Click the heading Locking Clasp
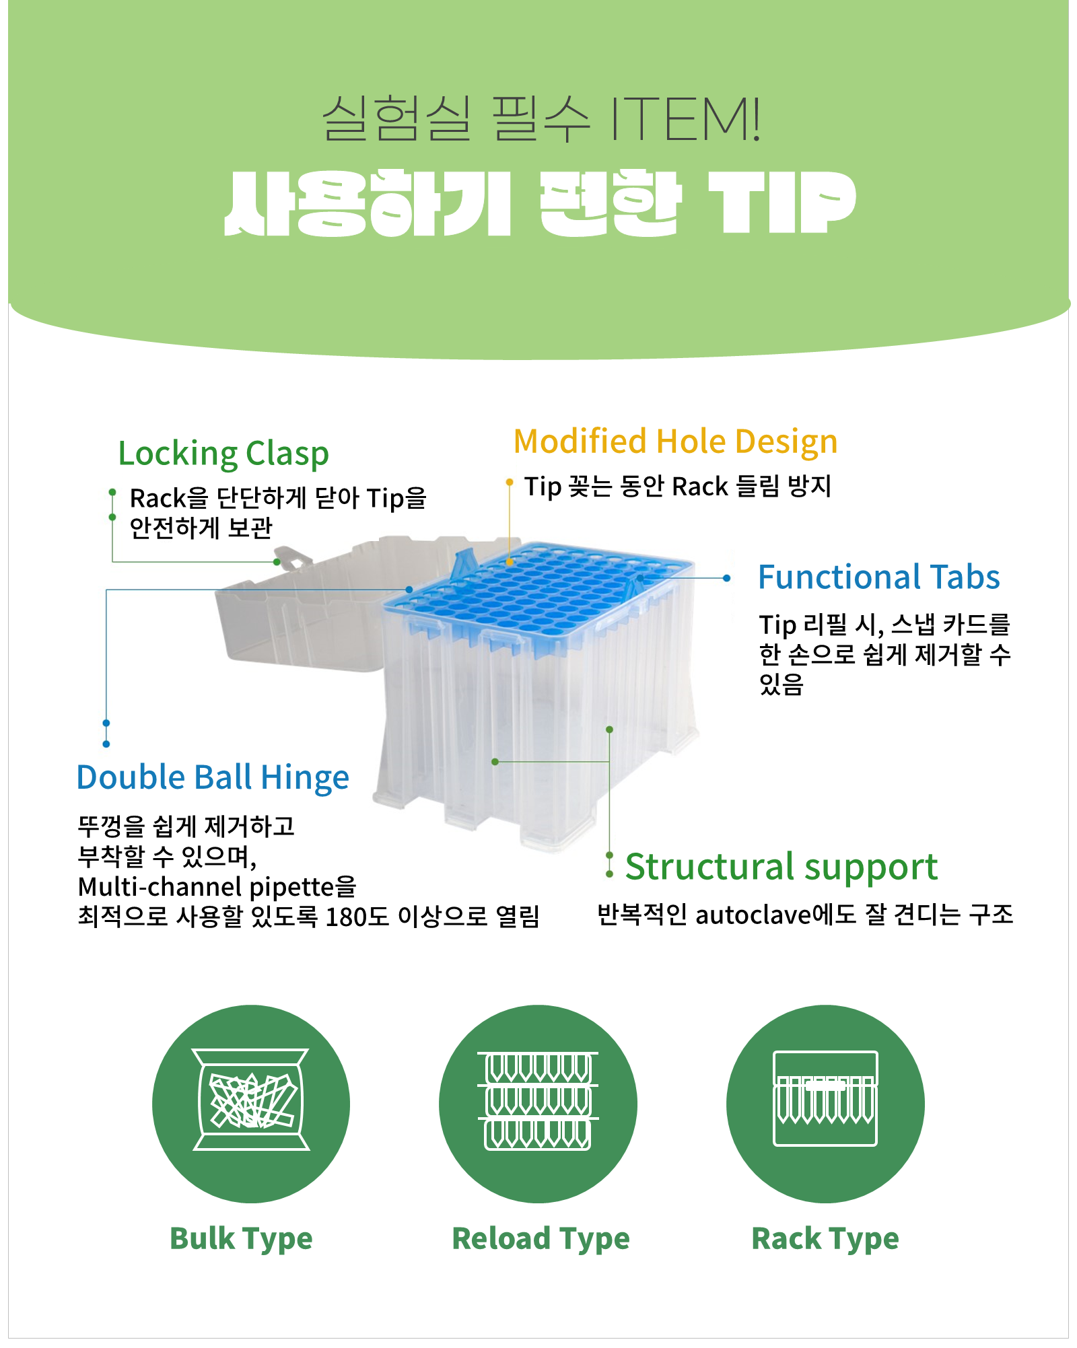pyautogui.click(x=223, y=454)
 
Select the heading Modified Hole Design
pyautogui.click(x=675, y=442)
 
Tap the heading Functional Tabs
pyautogui.click(x=878, y=577)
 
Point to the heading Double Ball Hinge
pyautogui.click(x=213, y=777)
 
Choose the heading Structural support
pyautogui.click(x=781, y=867)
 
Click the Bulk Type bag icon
pyautogui.click(x=251, y=1104)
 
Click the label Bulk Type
pyautogui.click(x=241, y=1239)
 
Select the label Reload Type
pyautogui.click(x=541, y=1239)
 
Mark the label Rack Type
pyautogui.click(x=825, y=1239)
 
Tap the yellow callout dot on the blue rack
pyautogui.click(x=510, y=562)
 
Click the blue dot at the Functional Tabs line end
pyautogui.click(x=727, y=578)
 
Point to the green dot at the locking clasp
pyautogui.click(x=277, y=562)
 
